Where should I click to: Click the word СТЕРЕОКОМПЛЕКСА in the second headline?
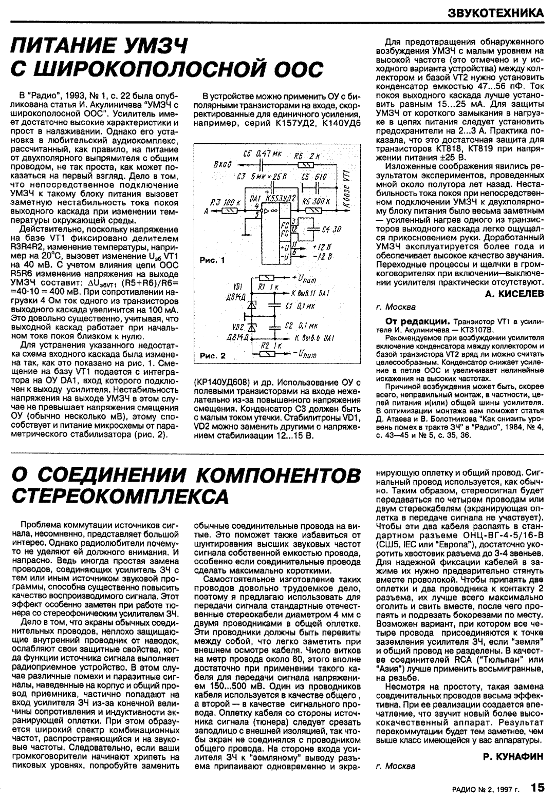[119, 495]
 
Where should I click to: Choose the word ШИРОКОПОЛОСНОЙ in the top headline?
[154, 69]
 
